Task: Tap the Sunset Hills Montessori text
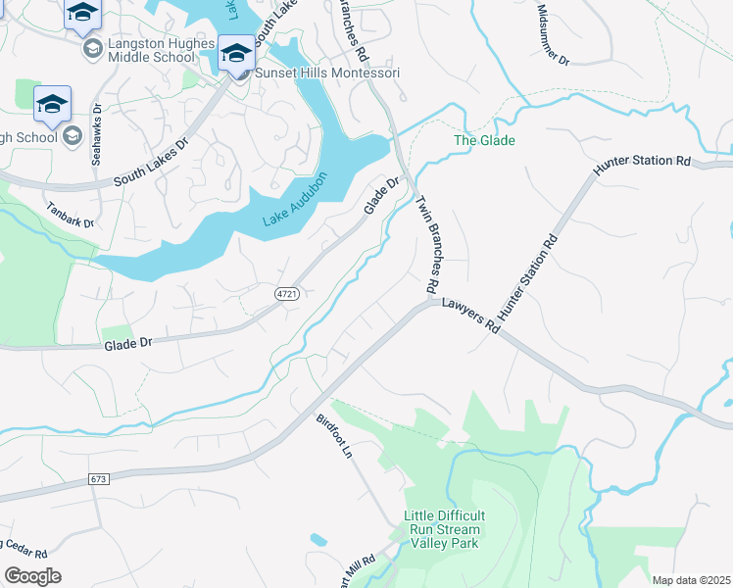[327, 73]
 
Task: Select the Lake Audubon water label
[294, 201]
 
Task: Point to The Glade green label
[483, 141]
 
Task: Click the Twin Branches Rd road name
[427, 245]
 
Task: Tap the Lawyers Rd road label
[469, 318]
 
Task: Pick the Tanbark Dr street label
[70, 216]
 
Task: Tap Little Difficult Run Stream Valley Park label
[445, 531]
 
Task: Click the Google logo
[32, 576]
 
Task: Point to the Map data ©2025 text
[691, 580]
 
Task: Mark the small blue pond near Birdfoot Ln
[318, 539]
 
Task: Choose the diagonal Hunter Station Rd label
[529, 280]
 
